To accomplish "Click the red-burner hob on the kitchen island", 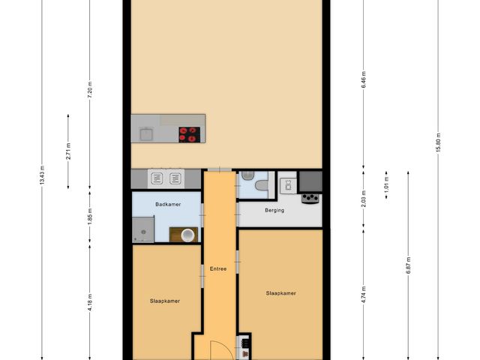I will (190, 133).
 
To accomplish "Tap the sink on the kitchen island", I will (145, 134).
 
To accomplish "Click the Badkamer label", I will (166, 204).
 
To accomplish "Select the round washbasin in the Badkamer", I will (187, 235).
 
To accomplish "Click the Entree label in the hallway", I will (218, 268).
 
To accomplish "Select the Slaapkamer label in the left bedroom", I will (163, 301).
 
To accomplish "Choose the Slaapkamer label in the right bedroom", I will (280, 293).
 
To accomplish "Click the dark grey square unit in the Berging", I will (310, 181).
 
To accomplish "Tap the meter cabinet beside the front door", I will (244, 346).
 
